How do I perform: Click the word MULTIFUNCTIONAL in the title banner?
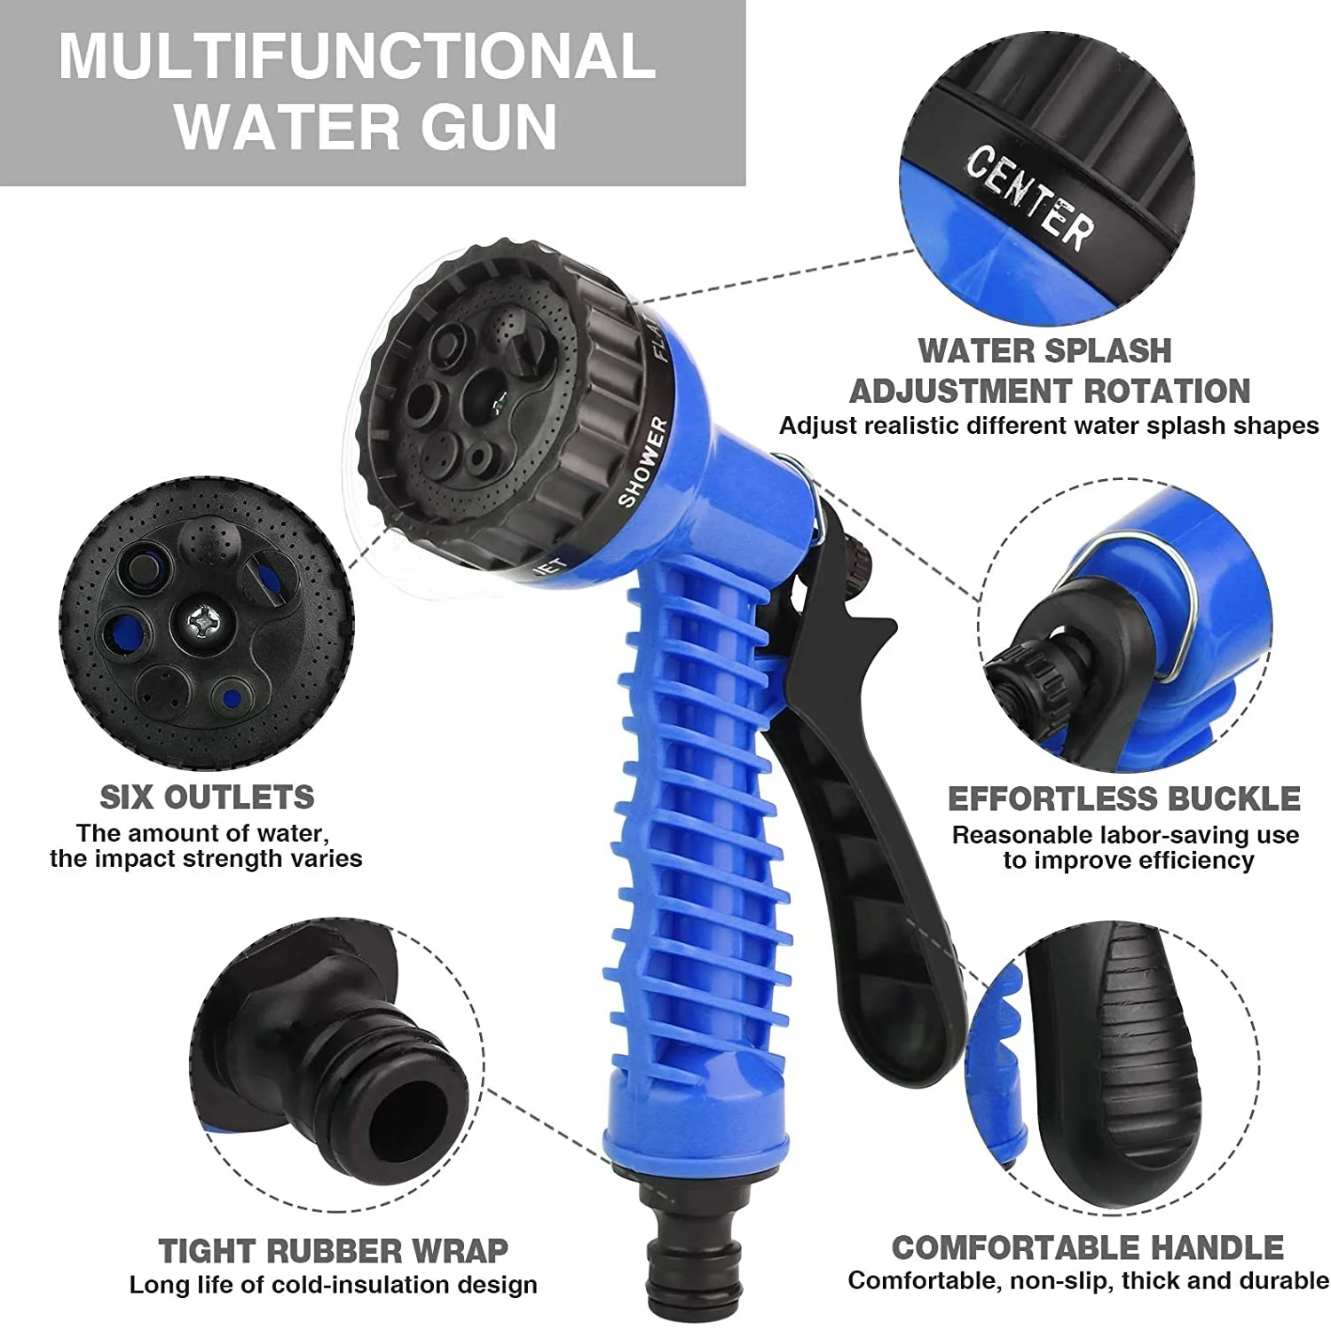point(357,56)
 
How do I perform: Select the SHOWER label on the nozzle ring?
point(643,462)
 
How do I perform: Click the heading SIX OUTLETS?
point(207,797)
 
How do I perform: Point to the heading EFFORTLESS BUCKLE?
point(1124,799)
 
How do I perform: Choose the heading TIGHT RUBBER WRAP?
point(333,1251)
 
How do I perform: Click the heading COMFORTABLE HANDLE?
point(1088,1247)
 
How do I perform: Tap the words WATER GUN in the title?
point(366,128)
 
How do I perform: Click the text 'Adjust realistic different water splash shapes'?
point(1049,426)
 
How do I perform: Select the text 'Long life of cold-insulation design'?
point(333,1285)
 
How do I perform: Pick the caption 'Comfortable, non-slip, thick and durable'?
point(1088,1280)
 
